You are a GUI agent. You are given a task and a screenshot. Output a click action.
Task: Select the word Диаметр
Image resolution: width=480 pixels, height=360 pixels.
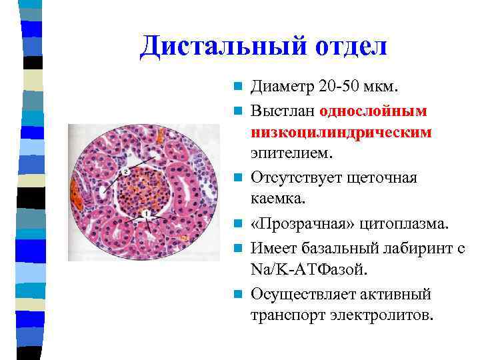(x=281, y=87)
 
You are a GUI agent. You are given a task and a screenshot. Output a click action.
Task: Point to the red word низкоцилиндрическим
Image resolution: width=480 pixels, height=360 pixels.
(x=341, y=132)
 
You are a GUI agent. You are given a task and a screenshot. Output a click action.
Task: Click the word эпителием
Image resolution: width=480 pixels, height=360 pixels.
(x=291, y=154)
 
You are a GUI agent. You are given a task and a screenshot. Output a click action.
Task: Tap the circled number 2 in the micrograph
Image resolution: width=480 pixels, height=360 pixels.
(x=126, y=171)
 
